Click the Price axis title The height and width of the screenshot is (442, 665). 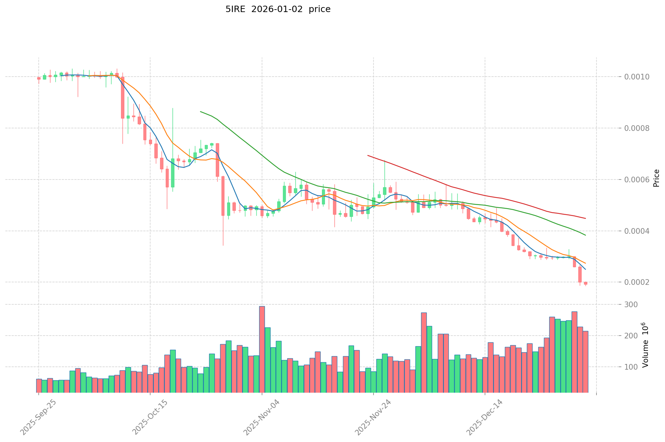pyautogui.click(x=656, y=178)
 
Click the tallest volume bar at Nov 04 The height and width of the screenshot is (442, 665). pyautogui.click(x=262, y=349)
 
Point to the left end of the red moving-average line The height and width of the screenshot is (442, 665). pyautogui.click(x=368, y=155)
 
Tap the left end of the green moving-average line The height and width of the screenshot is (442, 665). pyautogui.click(x=201, y=112)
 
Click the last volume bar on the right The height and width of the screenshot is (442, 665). pyautogui.click(x=585, y=362)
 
